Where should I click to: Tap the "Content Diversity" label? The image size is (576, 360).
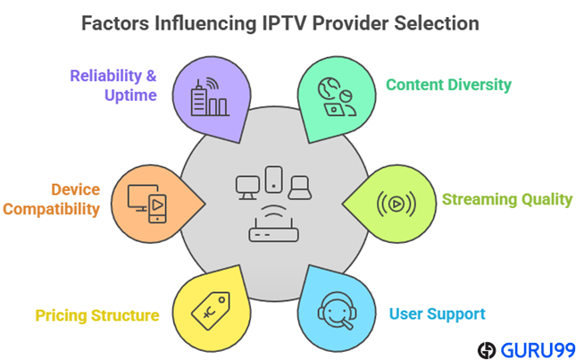click(448, 85)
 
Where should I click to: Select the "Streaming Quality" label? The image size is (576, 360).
click(506, 198)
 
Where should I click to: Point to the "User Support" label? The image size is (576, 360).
click(437, 314)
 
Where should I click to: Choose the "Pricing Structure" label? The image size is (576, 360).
click(97, 314)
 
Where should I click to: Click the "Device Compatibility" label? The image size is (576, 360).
click(62, 199)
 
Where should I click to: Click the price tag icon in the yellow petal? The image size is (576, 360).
click(212, 309)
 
